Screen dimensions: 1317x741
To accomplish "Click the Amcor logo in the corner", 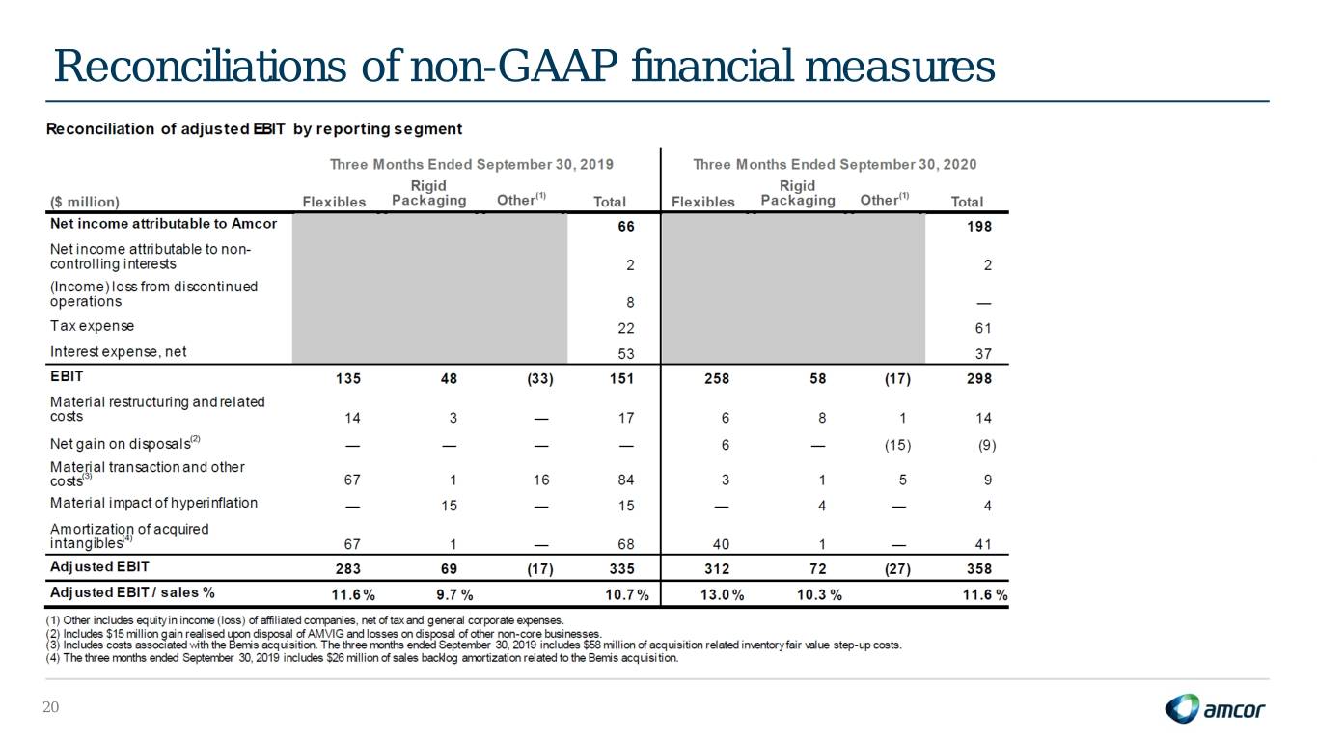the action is click(1215, 708).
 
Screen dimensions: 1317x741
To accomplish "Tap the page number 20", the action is click(50, 707).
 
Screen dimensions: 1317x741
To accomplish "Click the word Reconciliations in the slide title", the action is click(200, 66).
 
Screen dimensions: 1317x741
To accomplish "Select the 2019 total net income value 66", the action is click(625, 227).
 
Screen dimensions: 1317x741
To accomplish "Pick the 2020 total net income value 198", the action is click(979, 227).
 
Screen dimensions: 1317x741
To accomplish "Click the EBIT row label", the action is click(67, 376).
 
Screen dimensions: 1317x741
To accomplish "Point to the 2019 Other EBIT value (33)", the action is click(539, 379).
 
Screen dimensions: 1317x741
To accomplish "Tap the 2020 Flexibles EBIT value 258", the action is click(717, 379).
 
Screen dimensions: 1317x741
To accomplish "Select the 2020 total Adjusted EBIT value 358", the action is click(979, 568).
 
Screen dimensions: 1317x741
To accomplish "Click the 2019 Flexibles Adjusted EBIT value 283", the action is click(348, 568).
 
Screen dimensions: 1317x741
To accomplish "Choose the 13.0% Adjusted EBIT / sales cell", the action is click(722, 594).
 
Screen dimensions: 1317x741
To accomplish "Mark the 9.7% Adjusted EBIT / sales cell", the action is click(454, 594).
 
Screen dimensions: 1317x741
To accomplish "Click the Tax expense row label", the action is click(92, 326).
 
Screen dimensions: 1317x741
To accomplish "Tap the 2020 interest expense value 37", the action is click(983, 353).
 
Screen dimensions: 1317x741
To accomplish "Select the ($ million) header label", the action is click(85, 202).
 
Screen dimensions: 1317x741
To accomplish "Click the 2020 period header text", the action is click(835, 164).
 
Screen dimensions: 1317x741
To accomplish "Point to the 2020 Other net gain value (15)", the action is click(897, 445).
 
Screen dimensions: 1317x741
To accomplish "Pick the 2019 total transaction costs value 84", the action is click(625, 480).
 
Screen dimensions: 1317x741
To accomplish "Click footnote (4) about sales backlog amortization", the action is click(362, 657).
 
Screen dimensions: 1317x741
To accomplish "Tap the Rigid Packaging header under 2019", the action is click(428, 193).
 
